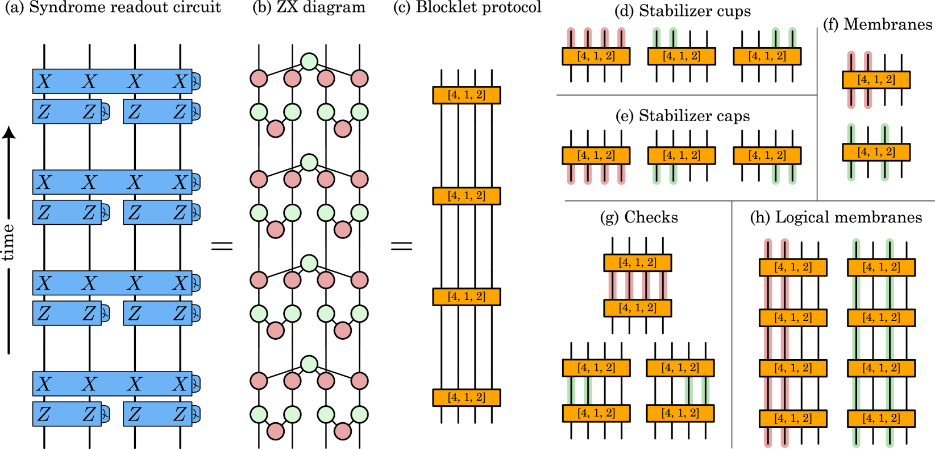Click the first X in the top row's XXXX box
click(44, 82)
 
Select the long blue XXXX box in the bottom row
click(113, 384)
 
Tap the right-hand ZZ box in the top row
click(158, 112)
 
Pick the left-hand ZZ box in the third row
click(67, 314)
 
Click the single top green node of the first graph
click(309, 61)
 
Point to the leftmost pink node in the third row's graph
click(259, 280)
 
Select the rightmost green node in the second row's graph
click(359, 213)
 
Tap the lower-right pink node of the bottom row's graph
click(343, 431)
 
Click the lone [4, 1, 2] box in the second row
click(466, 196)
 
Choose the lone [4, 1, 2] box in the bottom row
click(466, 397)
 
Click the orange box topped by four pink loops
click(596, 56)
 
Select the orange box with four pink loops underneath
click(596, 155)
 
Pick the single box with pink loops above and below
click(876, 80)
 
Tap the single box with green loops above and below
click(876, 152)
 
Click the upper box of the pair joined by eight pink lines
click(637, 262)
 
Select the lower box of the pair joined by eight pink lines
click(637, 308)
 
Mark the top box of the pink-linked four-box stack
click(793, 267)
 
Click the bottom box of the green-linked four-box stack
click(881, 418)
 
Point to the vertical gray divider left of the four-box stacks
click(732, 324)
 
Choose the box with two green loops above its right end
click(767, 56)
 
